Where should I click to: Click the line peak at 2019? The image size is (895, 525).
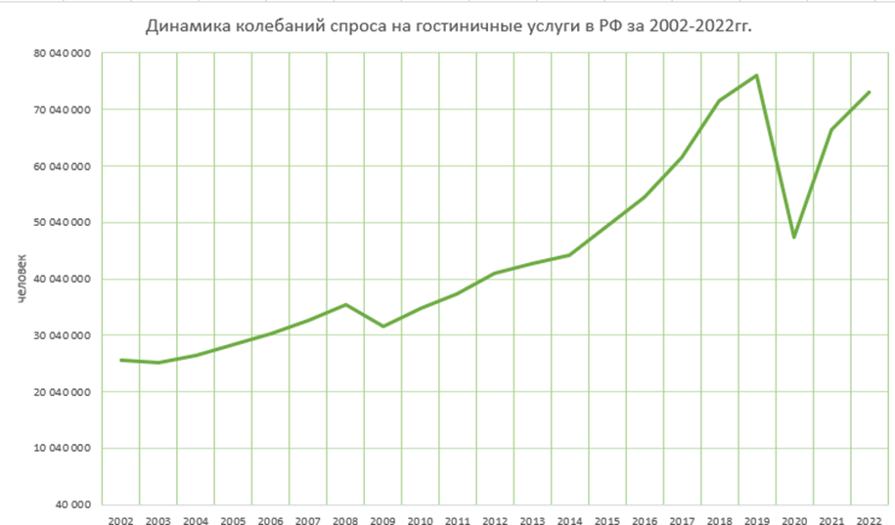pyautogui.click(x=757, y=75)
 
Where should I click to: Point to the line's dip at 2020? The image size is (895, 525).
pyautogui.click(x=794, y=238)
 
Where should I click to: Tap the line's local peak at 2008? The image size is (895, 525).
pyautogui.click(x=345, y=304)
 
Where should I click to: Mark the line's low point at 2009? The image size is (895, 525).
pyautogui.click(x=382, y=326)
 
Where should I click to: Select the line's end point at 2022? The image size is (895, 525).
pyautogui.click(x=870, y=92)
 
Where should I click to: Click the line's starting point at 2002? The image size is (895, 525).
pyautogui.click(x=121, y=360)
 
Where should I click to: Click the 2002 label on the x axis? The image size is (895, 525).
pyautogui.click(x=121, y=520)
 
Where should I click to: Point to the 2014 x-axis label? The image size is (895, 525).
pyautogui.click(x=569, y=520)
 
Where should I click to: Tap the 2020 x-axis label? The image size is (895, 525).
pyautogui.click(x=794, y=520)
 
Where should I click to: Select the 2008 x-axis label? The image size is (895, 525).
pyautogui.click(x=345, y=520)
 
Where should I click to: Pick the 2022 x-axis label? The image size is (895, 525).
pyautogui.click(x=869, y=520)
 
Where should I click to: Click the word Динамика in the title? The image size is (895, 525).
pyautogui.click(x=183, y=25)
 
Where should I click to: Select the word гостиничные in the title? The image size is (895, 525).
pyautogui.click(x=449, y=25)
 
